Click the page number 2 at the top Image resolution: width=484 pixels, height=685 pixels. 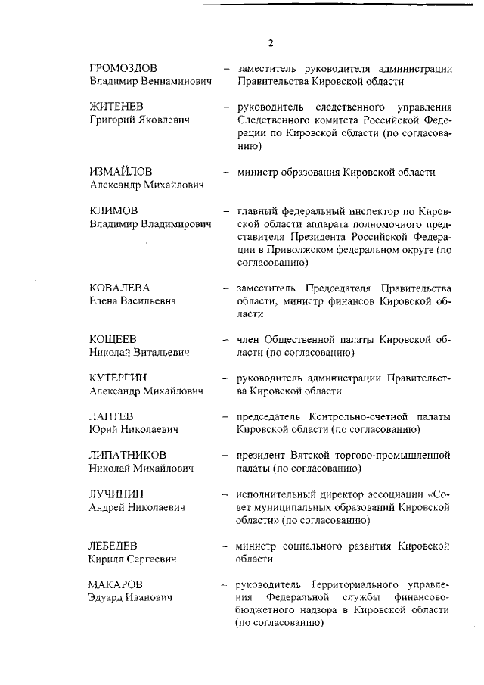pos(270,42)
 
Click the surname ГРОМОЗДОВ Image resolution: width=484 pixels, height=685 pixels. pos(124,68)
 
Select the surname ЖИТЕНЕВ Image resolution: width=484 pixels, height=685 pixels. pos(118,106)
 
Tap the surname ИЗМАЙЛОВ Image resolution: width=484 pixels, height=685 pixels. pos(121,172)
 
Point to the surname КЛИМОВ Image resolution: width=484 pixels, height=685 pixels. pos(113,210)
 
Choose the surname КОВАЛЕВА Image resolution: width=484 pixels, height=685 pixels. pos(119,288)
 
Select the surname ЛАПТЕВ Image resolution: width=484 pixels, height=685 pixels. pos(111,416)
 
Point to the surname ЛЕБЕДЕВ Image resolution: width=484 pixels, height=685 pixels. pos(116,545)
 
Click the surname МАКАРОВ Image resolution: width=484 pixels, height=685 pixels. pos(115,584)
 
